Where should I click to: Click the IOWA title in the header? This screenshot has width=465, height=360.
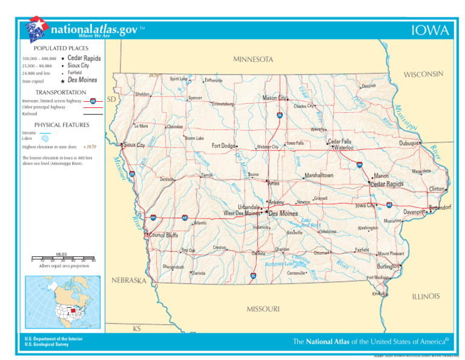tap(430, 31)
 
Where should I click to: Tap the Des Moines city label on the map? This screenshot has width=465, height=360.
tap(283, 214)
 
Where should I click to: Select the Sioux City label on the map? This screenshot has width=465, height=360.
tap(134, 145)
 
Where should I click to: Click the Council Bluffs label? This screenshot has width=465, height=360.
tap(163, 235)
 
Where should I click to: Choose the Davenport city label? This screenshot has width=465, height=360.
tap(415, 212)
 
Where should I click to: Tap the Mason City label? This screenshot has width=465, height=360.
tap(274, 98)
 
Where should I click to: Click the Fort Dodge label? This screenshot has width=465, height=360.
tap(223, 146)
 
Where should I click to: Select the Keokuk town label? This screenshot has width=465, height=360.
tap(378, 293)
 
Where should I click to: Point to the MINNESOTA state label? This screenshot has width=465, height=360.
tap(253, 59)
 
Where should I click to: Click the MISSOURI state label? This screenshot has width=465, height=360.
tap(263, 309)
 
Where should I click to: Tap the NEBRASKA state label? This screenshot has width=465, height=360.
tap(129, 281)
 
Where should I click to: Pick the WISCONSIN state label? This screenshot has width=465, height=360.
tap(424, 75)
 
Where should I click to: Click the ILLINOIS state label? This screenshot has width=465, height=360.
tap(426, 296)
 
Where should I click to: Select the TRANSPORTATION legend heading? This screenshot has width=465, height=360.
tap(61, 93)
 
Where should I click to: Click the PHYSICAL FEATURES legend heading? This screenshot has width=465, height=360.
tap(61, 125)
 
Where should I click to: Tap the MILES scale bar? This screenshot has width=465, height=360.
tap(63, 260)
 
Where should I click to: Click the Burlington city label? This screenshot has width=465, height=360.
tap(387, 266)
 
